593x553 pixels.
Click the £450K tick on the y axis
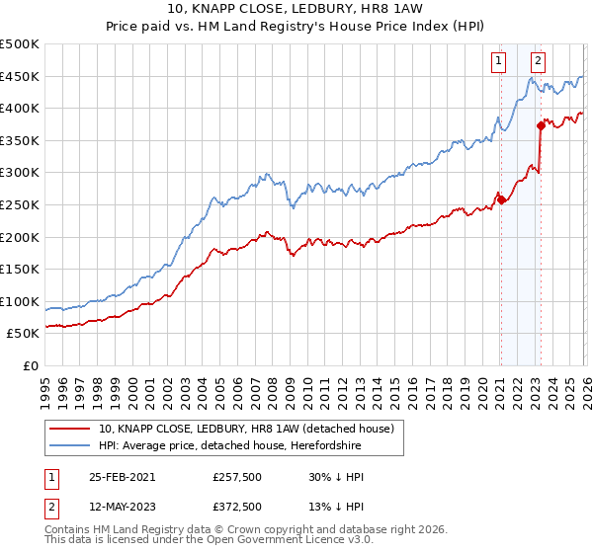[21, 77]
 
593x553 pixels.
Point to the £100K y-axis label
[21, 301]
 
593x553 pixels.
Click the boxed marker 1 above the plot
[500, 60]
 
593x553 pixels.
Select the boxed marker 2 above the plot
[538, 60]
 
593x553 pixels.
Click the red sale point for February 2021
[500, 199]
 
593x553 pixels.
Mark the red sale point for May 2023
[541, 125]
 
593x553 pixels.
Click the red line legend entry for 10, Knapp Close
[246, 429]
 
